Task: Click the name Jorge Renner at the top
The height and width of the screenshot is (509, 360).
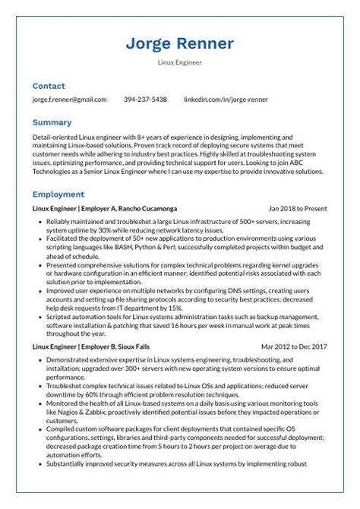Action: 180,43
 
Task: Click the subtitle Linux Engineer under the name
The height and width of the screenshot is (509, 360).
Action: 180,63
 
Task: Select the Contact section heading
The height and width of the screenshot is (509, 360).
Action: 49,86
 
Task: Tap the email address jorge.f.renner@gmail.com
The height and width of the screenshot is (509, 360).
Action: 69,100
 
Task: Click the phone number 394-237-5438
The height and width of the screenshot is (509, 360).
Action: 145,100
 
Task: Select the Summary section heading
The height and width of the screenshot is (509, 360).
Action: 52,122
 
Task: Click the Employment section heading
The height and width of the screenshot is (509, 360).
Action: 58,194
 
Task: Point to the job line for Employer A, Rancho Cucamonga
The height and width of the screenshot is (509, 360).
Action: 105,207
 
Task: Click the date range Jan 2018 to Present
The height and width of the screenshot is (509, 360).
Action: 298,207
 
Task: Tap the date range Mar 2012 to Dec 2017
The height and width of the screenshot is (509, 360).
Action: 294,346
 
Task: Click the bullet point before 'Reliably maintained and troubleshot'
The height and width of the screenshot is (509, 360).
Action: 39,220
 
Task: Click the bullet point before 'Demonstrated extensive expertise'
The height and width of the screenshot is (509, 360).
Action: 39,359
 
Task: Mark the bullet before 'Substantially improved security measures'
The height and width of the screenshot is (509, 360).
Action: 39,464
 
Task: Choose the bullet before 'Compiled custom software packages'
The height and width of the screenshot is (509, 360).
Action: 39,428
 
